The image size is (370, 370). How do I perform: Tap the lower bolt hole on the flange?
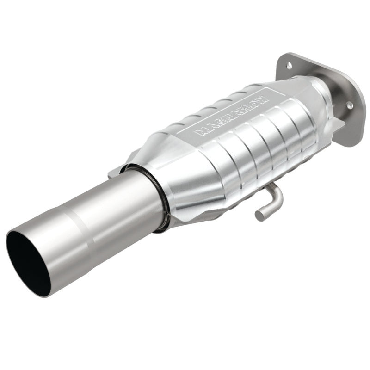[x=350, y=105]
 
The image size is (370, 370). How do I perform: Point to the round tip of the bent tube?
[x=259, y=216]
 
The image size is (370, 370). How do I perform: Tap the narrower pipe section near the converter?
[x=129, y=203]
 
